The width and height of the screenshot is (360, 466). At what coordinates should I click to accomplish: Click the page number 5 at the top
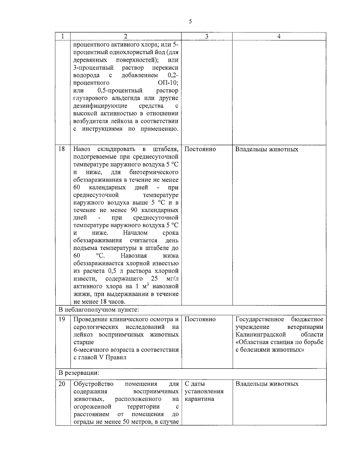point(190,21)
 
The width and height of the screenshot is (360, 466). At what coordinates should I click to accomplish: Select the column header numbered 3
point(207,36)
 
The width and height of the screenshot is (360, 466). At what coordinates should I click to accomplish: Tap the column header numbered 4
point(279,36)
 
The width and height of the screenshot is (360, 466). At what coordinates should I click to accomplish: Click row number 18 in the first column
point(62,149)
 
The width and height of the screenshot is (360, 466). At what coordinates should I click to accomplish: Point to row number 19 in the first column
point(62,319)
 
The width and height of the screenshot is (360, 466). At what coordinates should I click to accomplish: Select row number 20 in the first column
point(62,384)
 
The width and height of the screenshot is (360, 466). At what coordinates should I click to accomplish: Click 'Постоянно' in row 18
point(200,149)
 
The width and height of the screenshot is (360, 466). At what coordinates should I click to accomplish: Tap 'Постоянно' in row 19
point(200,319)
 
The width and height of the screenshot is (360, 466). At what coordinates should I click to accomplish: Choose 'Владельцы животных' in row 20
point(267,384)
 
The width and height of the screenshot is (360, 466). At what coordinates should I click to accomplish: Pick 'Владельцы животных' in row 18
point(267,149)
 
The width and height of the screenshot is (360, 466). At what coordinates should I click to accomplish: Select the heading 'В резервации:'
point(79,373)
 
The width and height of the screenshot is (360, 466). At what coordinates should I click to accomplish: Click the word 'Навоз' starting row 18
point(82,149)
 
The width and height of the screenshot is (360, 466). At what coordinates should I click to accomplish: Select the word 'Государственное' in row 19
point(260,319)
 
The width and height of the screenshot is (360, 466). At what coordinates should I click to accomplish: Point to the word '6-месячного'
point(91,350)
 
